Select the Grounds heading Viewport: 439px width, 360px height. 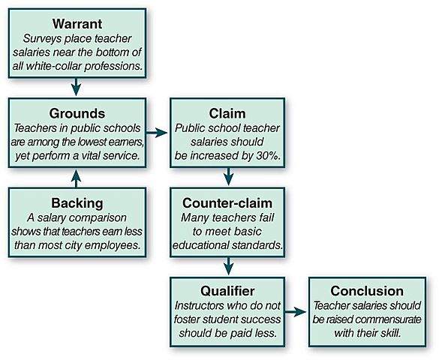point(77,114)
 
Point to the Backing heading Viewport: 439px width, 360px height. point(77,203)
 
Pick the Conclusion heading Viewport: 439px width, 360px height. point(368,291)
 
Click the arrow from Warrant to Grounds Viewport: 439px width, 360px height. point(77,88)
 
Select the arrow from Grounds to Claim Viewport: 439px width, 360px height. point(157,133)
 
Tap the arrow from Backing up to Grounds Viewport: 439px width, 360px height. point(77,178)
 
